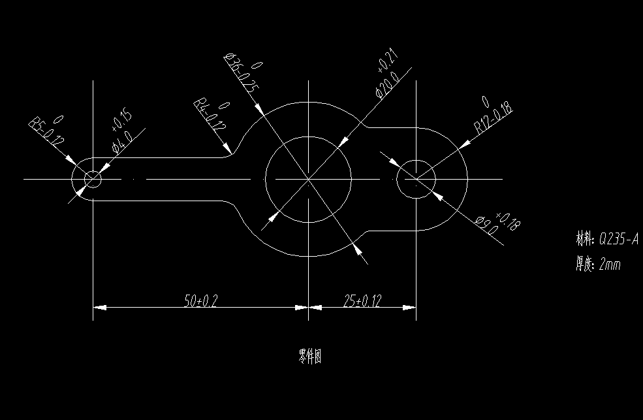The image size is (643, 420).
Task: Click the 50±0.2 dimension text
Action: [200, 300]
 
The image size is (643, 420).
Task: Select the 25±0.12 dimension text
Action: [362, 300]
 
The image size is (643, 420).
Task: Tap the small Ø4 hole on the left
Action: [93, 178]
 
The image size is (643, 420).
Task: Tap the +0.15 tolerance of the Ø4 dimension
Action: [122, 121]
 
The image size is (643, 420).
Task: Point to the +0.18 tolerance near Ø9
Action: [509, 222]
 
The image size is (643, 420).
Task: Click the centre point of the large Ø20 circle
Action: [308, 178]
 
